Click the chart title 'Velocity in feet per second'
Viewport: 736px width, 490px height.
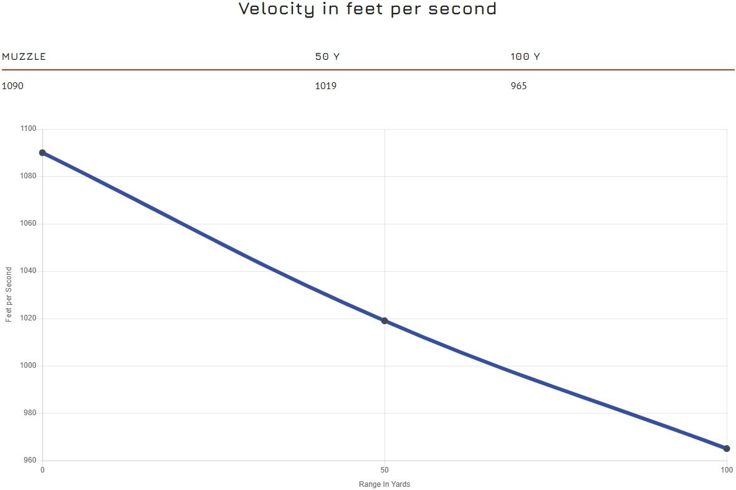click(368, 9)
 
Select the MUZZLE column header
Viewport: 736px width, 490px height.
click(24, 57)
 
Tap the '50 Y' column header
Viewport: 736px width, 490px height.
click(327, 57)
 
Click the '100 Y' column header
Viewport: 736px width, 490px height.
click(525, 57)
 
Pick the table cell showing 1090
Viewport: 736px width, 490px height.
click(12, 86)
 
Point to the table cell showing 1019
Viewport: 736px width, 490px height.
click(325, 86)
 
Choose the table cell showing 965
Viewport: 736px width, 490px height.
click(519, 86)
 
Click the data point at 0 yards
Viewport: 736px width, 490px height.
click(42, 153)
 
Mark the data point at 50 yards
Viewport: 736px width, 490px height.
click(385, 321)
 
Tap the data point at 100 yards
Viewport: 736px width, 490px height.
click(727, 449)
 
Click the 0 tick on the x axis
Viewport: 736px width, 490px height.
click(42, 470)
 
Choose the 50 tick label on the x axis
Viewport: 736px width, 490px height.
click(385, 470)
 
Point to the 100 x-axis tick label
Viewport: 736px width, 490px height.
click(726, 470)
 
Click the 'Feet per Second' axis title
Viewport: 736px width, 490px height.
click(9, 294)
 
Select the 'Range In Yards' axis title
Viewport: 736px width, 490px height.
click(385, 484)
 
